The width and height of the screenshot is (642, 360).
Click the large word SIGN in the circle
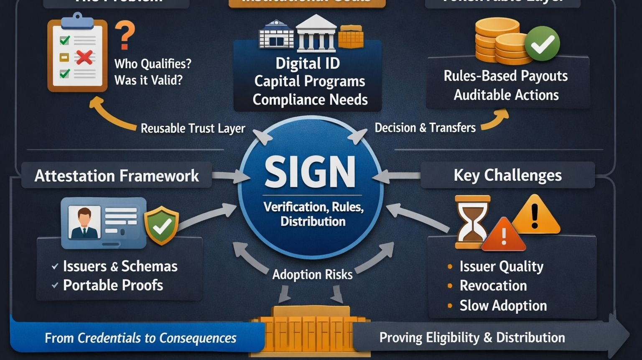[310, 172]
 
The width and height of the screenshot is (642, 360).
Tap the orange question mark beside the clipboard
[125, 36]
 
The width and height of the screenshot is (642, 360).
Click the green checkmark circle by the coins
[542, 43]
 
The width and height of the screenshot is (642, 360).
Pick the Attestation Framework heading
[117, 176]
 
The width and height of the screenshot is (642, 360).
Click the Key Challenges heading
[507, 175]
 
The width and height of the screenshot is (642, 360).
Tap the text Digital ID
[308, 64]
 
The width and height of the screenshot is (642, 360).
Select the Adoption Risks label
[312, 274]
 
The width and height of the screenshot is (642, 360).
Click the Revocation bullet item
[493, 286]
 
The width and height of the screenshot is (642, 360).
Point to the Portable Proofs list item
[113, 285]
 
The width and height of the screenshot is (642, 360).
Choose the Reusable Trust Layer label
[193, 128]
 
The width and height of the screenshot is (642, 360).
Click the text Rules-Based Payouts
[506, 76]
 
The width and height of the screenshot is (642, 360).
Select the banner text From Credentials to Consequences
[140, 338]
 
